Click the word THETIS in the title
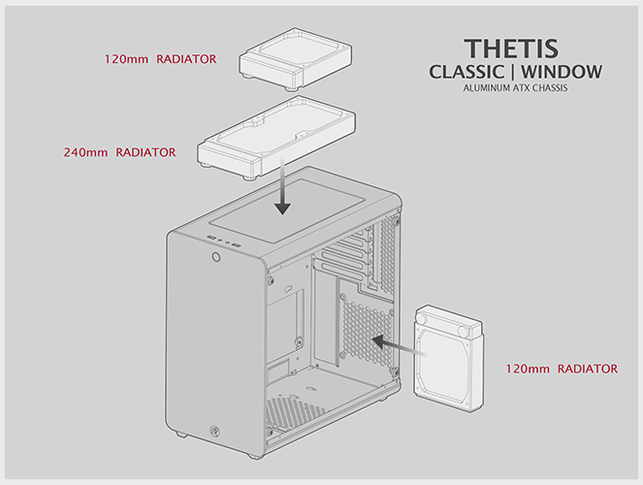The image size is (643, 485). click(x=511, y=48)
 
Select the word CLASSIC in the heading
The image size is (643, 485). click(x=466, y=72)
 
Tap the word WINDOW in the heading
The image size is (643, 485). click(x=562, y=72)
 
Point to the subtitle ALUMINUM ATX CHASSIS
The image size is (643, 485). click(x=515, y=88)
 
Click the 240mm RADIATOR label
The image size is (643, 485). click(x=119, y=152)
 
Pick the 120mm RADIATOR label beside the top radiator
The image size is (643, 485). click(x=160, y=59)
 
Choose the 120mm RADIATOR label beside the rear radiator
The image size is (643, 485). click(x=562, y=369)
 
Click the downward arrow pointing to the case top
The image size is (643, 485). click(x=282, y=185)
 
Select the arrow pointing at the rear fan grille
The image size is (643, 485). click(x=400, y=346)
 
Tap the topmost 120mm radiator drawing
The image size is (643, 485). click(x=295, y=58)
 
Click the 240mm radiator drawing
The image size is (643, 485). click(x=276, y=138)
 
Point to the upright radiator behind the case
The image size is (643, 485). click(x=449, y=357)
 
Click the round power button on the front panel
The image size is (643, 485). click(x=216, y=257)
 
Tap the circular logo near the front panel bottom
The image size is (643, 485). click(x=214, y=431)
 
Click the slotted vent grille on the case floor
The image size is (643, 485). click(x=295, y=410)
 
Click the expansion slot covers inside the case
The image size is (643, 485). click(x=348, y=256)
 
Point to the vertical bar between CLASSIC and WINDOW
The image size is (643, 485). click(x=513, y=72)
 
